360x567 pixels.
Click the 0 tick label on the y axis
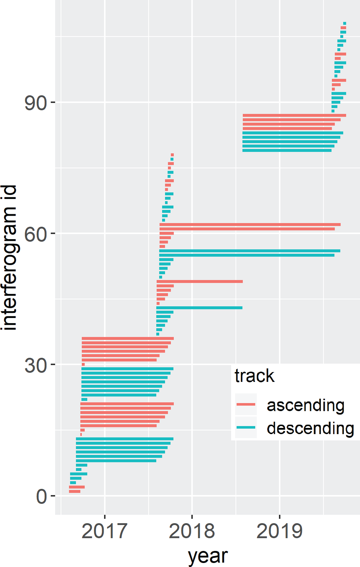(41, 497)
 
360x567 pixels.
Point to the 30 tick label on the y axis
(36, 365)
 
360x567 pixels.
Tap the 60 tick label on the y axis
(36, 234)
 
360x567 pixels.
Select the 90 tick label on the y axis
(36, 103)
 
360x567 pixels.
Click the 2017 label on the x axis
(104, 531)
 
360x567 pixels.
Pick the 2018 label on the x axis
(192, 531)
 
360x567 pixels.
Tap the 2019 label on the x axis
(280, 531)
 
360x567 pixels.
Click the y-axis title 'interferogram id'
(9, 257)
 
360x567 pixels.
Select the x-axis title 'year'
(208, 556)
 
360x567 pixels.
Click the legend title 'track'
(254, 376)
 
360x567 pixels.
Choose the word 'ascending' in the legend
(306, 405)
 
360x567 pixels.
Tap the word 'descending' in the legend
(310, 428)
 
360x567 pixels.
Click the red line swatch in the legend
(246, 405)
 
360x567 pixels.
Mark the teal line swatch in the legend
(246, 428)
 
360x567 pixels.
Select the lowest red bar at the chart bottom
(74, 491)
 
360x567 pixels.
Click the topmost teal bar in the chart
(345, 23)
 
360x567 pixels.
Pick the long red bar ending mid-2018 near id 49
(200, 281)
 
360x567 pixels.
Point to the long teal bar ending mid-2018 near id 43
(199, 308)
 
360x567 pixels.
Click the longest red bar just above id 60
(250, 225)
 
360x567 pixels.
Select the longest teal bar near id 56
(250, 251)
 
